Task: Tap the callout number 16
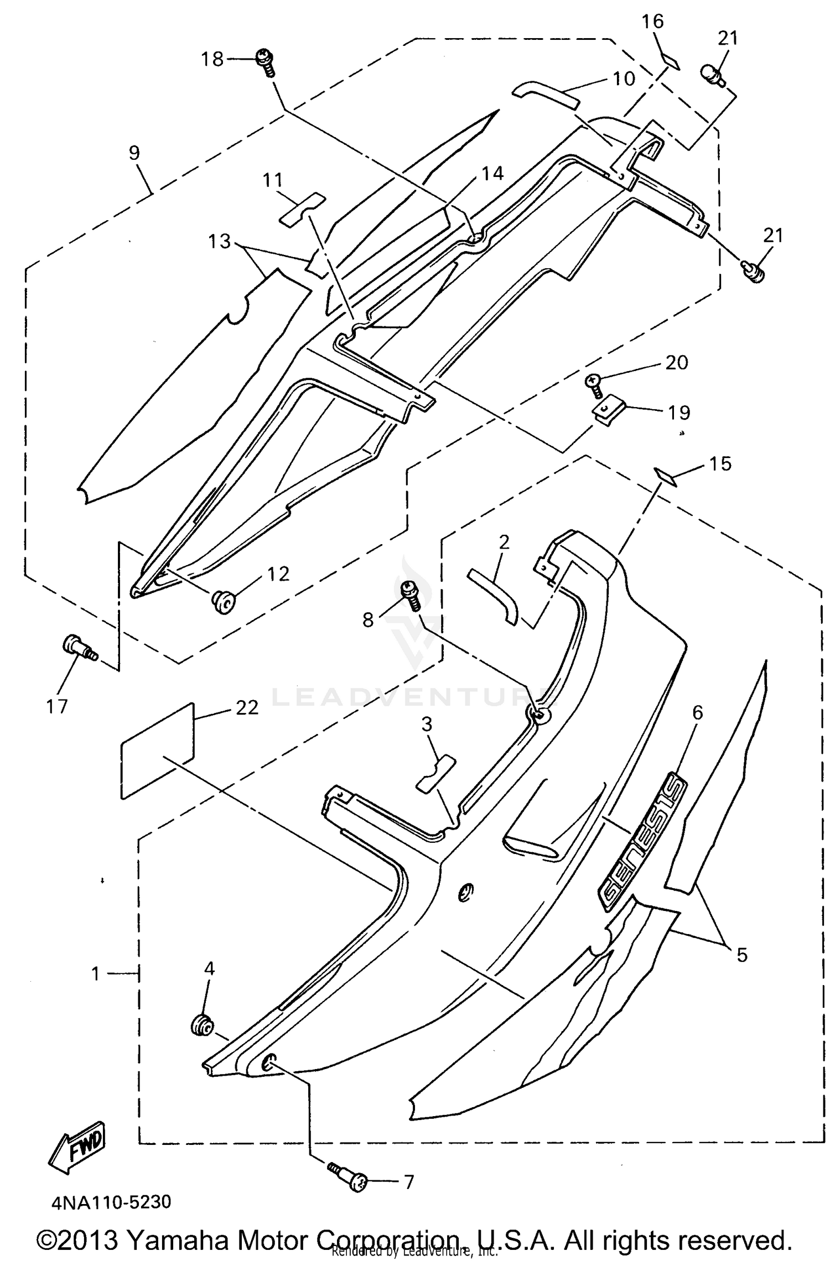[x=652, y=22]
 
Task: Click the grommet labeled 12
[x=224, y=601]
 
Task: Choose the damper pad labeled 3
[x=436, y=774]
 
